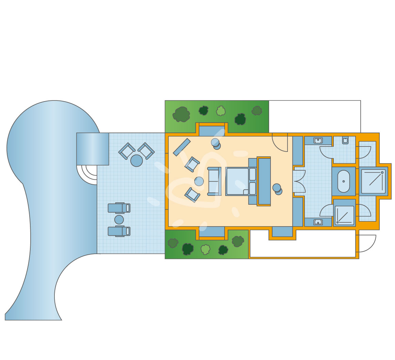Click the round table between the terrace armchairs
pos(136,160)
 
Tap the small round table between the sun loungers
pos(119,220)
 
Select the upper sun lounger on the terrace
pos(119,208)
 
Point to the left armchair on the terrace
pos(127,151)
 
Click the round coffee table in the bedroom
pos(199,181)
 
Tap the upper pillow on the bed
pos(252,174)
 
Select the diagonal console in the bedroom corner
pos(182,147)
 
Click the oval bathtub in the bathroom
pos(344,181)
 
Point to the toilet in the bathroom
pos(345,140)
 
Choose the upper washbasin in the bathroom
pos(318,140)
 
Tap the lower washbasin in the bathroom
pos(318,222)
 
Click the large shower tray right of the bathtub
pos(373,181)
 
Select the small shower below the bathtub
pos(344,215)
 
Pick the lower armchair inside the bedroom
pos(192,194)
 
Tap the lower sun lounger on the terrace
pos(119,231)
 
